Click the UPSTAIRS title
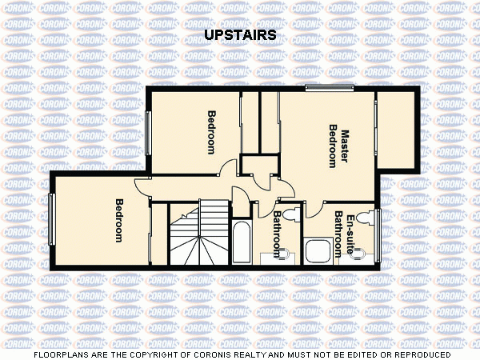coord(239,35)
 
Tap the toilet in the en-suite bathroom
coord(365,218)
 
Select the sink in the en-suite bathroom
coord(362,254)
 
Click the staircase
coord(199,233)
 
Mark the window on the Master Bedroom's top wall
coord(329,87)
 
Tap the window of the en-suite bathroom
coord(379,235)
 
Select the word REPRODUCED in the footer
coord(420,354)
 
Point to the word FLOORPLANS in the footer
coord(60,354)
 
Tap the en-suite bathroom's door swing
coord(312,207)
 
